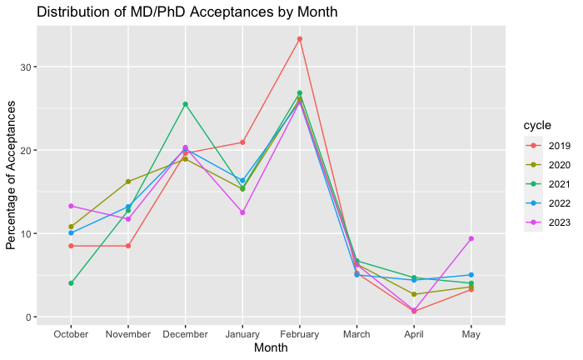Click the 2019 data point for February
click(299, 38)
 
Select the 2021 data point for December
click(185, 104)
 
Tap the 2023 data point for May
click(471, 238)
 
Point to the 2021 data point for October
click(72, 283)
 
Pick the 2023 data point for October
click(72, 206)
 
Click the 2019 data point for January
click(242, 142)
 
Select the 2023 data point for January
click(242, 212)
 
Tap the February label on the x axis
click(299, 332)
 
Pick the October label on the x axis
click(72, 332)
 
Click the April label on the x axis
click(414, 332)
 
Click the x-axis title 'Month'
click(271, 348)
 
